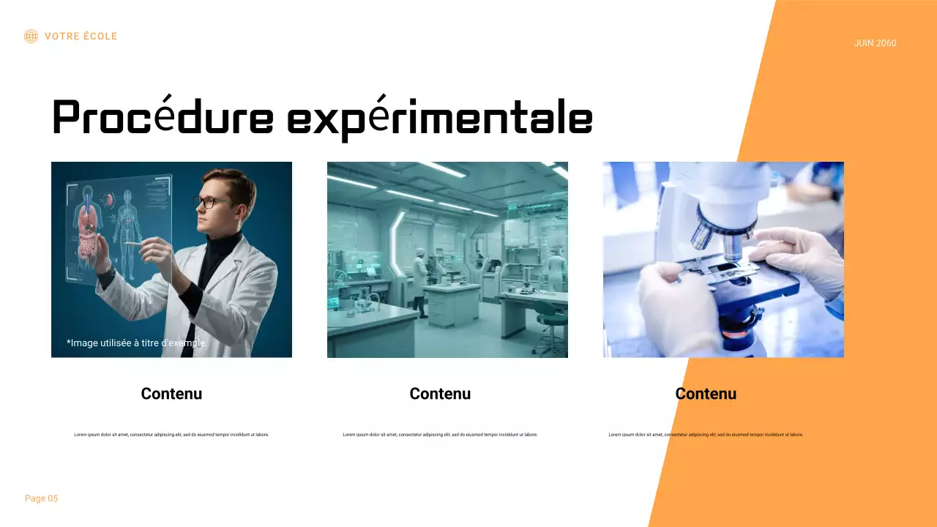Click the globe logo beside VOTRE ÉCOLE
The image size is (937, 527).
point(31,36)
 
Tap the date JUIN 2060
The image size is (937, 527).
point(875,43)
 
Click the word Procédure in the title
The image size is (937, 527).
point(163,118)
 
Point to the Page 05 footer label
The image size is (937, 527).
point(41,498)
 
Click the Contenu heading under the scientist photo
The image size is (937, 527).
point(171,394)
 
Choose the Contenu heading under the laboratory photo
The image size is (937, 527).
point(440,394)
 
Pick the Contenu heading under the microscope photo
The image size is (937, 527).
point(706,394)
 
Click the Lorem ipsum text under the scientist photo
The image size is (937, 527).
point(171,435)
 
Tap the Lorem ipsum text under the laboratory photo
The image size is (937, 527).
point(440,435)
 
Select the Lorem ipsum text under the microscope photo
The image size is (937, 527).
point(706,435)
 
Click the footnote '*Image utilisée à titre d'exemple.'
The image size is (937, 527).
point(137,343)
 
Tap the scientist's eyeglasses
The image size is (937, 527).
point(208,202)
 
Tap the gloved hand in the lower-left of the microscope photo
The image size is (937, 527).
point(670,300)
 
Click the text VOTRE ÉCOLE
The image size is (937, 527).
point(81,36)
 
